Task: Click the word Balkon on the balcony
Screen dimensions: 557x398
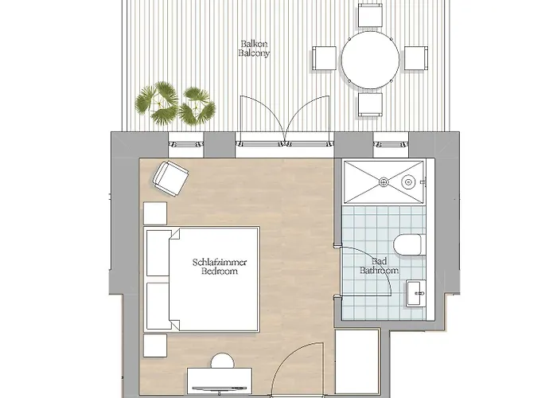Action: pos(254,44)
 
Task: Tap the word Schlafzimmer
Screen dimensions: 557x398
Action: pos(220,262)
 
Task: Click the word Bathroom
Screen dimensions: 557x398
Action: pos(379,271)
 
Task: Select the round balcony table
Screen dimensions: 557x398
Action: pos(371,60)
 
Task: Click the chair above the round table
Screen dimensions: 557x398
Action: pos(370,15)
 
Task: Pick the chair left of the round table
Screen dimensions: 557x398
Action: pos(325,58)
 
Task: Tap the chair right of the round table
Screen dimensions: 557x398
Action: pos(416,58)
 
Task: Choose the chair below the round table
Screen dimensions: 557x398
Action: pos(370,104)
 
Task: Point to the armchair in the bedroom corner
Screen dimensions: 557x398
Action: pos(170,179)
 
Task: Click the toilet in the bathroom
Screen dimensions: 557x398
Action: pos(407,244)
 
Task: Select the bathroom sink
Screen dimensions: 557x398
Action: pos(415,293)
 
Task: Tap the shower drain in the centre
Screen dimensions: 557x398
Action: pos(384,182)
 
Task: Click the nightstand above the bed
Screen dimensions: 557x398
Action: pos(155,213)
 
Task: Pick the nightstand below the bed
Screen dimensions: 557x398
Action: pos(155,345)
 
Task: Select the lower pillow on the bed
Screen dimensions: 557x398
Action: pos(158,306)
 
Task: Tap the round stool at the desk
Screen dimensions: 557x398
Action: pos(223,361)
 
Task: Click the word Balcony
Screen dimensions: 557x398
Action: pos(254,53)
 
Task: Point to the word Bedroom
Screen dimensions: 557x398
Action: pos(220,271)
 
